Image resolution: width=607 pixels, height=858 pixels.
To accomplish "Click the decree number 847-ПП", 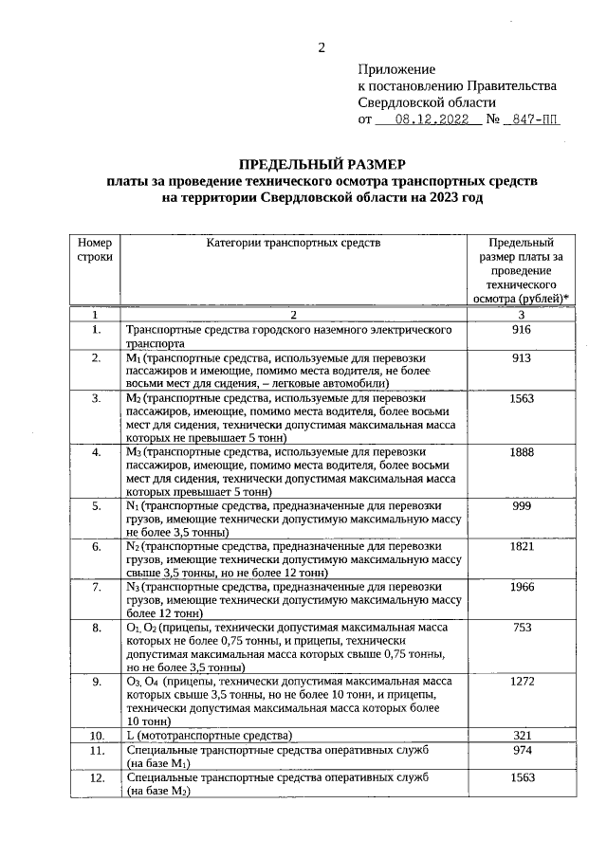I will click(531, 120).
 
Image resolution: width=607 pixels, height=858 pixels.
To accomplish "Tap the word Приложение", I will click(396, 69).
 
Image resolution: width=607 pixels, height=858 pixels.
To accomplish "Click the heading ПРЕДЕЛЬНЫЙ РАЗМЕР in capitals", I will click(322, 163).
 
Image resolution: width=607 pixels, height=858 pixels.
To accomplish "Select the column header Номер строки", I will click(95, 249).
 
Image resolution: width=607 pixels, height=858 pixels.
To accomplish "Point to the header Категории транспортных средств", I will click(293, 243).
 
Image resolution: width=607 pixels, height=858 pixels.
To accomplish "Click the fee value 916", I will click(521, 330).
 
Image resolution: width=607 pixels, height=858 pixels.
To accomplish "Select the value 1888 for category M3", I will click(522, 452).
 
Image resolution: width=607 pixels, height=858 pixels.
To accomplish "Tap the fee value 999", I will click(521, 506).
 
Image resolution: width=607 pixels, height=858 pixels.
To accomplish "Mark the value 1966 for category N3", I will click(522, 587).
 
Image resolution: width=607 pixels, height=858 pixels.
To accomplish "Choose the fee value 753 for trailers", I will click(521, 628).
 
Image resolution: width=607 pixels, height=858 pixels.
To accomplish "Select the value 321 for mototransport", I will click(521, 736).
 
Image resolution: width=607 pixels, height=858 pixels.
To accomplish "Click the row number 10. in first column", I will click(96, 736).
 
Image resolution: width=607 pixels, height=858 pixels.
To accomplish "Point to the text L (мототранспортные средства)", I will click(209, 736).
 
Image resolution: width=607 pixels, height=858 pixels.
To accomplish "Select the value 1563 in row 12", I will click(522, 777).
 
